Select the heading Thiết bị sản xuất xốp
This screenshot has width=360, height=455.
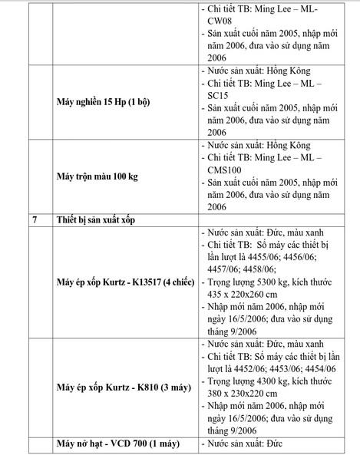tap(101, 220)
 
